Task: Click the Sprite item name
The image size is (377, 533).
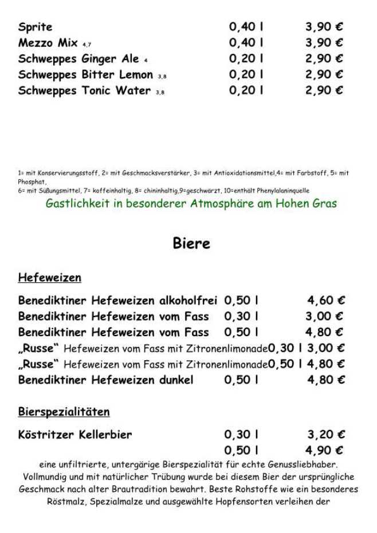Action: (35, 27)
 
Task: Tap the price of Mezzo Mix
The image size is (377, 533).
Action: (324, 43)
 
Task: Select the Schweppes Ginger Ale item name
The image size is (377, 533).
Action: (78, 59)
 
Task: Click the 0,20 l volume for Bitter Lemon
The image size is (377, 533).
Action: (246, 74)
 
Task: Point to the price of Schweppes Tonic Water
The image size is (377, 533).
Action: (324, 90)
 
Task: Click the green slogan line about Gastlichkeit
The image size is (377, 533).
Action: (191, 203)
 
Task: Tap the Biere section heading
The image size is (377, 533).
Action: (191, 243)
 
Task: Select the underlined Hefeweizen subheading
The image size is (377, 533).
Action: (49, 278)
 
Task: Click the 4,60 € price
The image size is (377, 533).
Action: (326, 301)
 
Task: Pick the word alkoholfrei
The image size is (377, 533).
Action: (188, 301)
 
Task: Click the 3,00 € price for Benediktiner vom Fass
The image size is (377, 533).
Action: (324, 316)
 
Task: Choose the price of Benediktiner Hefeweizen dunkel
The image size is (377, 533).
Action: (326, 380)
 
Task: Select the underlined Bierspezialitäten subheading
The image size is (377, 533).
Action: (64, 412)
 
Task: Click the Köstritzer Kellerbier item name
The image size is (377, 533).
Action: (75, 435)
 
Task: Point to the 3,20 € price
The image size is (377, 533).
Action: (326, 435)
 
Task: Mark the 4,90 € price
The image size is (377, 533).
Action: (324, 451)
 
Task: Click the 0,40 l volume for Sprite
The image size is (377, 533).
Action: (246, 27)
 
